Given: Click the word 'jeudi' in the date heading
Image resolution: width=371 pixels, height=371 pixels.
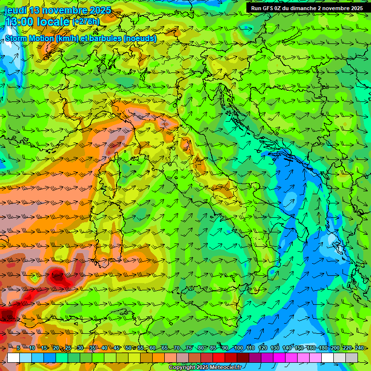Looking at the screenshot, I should [x=15, y=10].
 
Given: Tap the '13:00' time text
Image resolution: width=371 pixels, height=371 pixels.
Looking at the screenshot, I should [x=20, y=22].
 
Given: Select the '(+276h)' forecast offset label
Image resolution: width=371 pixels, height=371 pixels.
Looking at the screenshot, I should [x=86, y=22].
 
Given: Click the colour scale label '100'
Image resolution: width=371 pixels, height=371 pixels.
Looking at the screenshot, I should [x=238, y=348].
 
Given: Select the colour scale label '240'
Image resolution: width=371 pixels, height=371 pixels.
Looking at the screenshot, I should [x=359, y=348].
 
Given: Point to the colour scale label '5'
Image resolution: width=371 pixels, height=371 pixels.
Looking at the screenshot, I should [x=18, y=348].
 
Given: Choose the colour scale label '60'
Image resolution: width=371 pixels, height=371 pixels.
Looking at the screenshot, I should [x=152, y=348].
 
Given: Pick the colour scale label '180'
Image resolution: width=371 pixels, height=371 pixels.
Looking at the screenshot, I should [x=323, y=348].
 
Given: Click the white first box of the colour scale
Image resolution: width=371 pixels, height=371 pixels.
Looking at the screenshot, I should [x=14, y=357].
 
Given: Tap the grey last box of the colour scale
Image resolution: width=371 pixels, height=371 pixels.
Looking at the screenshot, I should [x=352, y=357].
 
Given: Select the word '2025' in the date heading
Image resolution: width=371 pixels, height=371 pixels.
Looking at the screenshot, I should [x=100, y=10].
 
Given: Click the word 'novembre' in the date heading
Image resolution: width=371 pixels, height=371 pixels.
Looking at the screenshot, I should [x=65, y=10].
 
